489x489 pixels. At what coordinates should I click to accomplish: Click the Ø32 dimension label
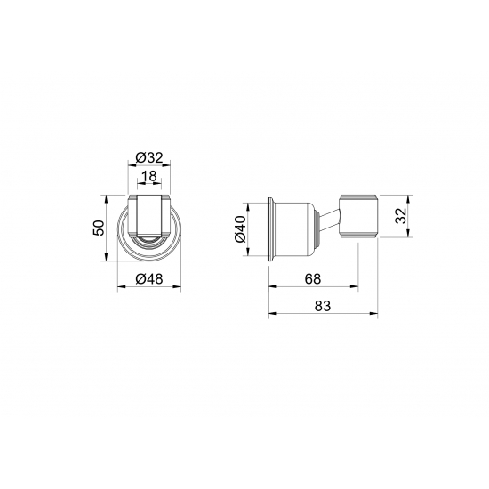[148, 158]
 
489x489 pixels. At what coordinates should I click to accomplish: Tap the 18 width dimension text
[149, 177]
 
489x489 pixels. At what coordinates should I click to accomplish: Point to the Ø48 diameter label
[148, 279]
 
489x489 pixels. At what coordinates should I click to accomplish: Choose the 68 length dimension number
[313, 279]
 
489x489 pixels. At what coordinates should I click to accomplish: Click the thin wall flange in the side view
[269, 228]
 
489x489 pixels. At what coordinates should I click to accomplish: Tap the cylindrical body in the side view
[294, 228]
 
